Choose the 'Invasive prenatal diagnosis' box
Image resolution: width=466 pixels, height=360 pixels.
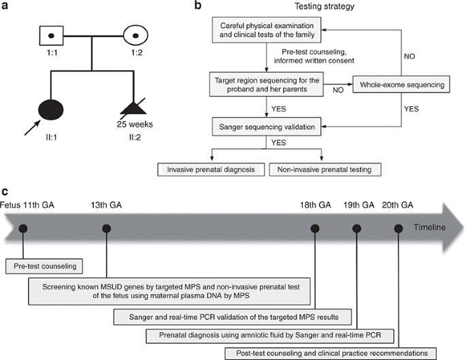[210, 168]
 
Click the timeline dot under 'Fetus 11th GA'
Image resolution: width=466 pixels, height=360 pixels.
[23, 229]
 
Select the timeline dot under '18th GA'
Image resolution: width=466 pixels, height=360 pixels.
[315, 229]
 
